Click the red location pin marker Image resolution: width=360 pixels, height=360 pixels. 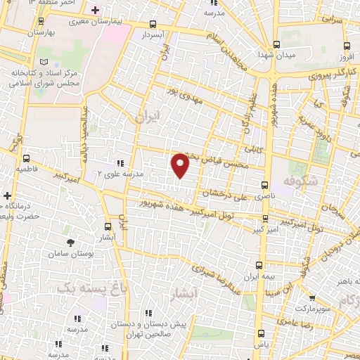[x=181, y=165]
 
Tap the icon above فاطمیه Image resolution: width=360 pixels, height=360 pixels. [x=27, y=158]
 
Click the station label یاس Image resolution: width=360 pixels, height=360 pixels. [x=261, y=346]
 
